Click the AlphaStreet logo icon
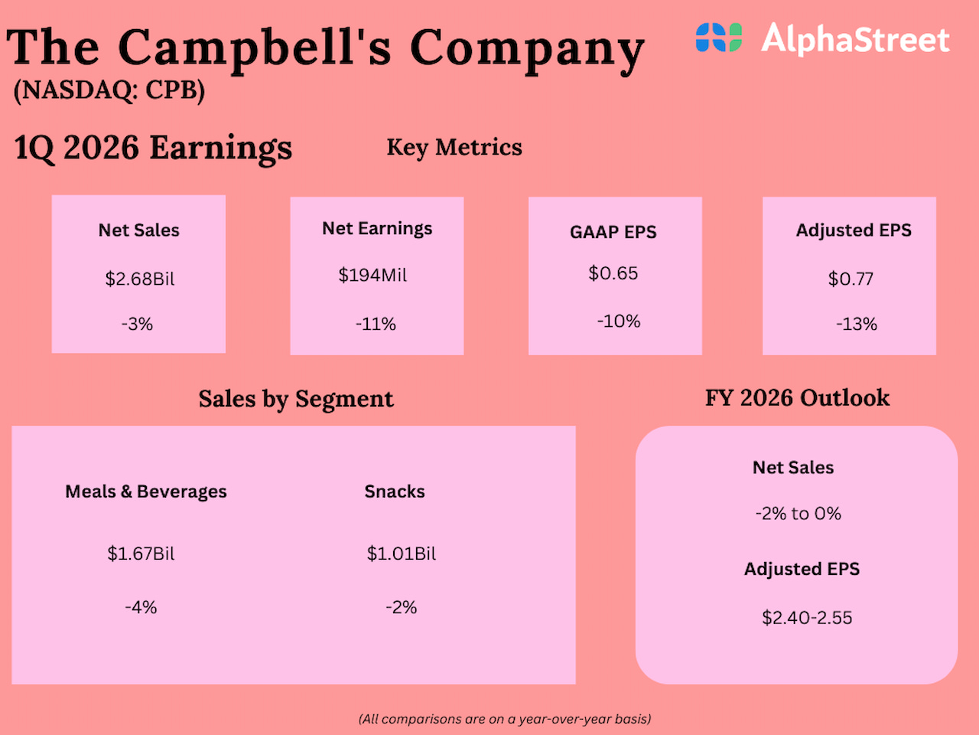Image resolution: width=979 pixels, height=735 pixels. (718, 38)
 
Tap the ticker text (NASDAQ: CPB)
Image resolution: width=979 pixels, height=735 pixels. (109, 90)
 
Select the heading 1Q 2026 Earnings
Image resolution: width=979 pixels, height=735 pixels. (153, 147)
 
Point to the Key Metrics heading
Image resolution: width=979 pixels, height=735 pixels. (454, 147)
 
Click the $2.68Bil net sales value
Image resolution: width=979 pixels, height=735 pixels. (139, 279)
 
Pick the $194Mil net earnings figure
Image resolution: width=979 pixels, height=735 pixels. (372, 275)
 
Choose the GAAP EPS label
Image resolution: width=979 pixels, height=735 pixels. (613, 232)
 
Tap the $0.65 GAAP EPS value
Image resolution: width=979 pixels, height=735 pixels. (613, 273)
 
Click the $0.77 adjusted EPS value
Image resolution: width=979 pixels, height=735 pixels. (851, 279)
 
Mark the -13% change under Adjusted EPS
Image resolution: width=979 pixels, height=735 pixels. (856, 324)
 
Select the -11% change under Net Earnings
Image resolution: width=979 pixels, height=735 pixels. (376, 324)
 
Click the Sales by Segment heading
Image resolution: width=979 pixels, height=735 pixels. (296, 399)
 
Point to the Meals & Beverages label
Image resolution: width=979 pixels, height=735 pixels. (146, 492)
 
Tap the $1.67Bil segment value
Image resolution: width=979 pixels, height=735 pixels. (141, 554)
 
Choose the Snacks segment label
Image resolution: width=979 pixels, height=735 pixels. (395, 492)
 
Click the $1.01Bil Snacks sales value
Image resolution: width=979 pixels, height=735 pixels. (402, 554)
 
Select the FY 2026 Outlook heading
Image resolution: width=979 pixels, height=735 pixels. (797, 398)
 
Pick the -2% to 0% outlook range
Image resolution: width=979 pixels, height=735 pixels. (798, 514)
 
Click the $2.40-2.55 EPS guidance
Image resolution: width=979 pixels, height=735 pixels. (807, 618)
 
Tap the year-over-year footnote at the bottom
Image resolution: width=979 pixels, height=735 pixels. (505, 719)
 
